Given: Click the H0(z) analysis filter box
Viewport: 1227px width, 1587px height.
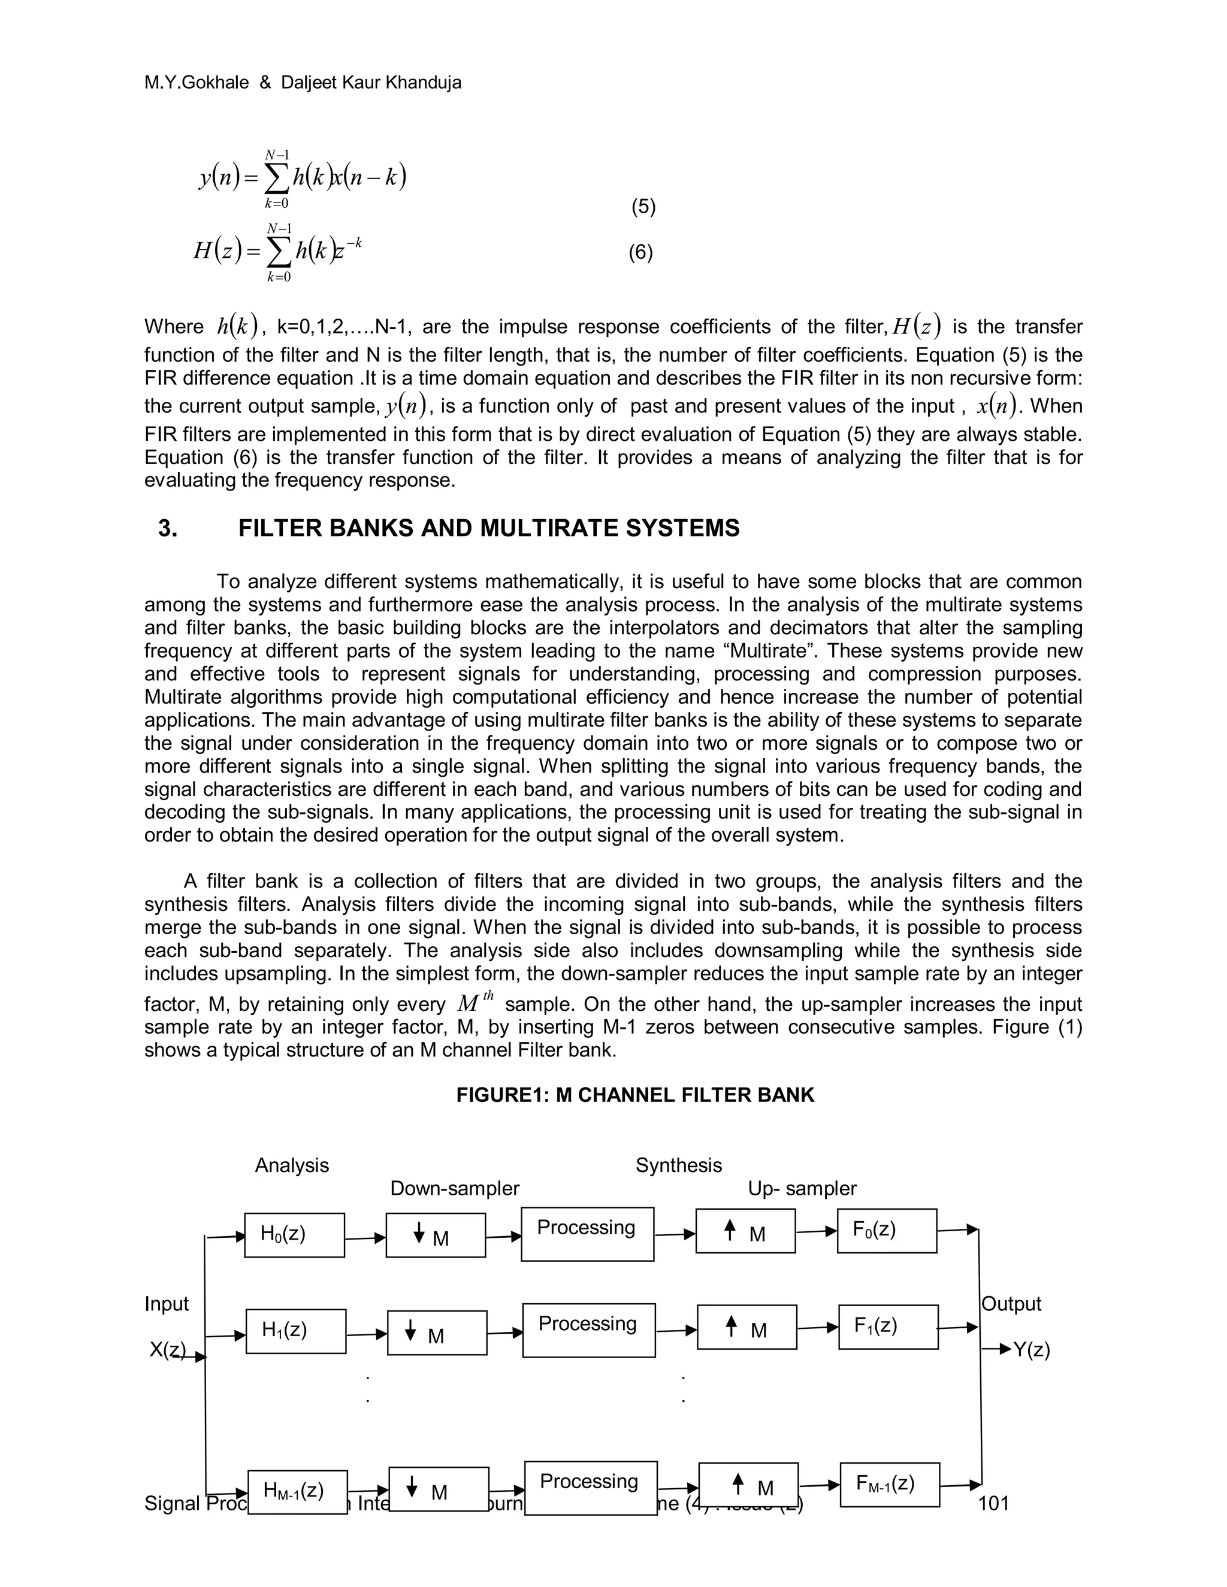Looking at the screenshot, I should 294,1235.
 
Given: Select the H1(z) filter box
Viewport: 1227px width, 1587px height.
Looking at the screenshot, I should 296,1331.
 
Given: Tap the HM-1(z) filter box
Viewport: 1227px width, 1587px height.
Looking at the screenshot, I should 297,1492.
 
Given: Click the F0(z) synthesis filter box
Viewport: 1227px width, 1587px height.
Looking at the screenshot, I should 887,1231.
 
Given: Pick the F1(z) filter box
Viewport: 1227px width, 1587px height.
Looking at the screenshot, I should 888,1327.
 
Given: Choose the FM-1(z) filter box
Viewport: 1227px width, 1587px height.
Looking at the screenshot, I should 890,1485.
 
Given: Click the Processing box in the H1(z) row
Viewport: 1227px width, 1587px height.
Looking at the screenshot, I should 589,1329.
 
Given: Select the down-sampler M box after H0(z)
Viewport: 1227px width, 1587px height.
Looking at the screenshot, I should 436,1235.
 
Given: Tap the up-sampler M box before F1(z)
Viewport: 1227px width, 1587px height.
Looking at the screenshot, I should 747,1327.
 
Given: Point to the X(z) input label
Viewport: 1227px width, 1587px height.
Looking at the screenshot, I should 167,1350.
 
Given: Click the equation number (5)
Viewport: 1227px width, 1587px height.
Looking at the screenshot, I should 643,207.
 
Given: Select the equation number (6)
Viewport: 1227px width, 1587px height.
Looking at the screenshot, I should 640,252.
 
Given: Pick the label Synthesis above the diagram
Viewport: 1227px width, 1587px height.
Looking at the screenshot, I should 678,1165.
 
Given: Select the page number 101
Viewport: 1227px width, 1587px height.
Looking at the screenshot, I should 994,1503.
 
